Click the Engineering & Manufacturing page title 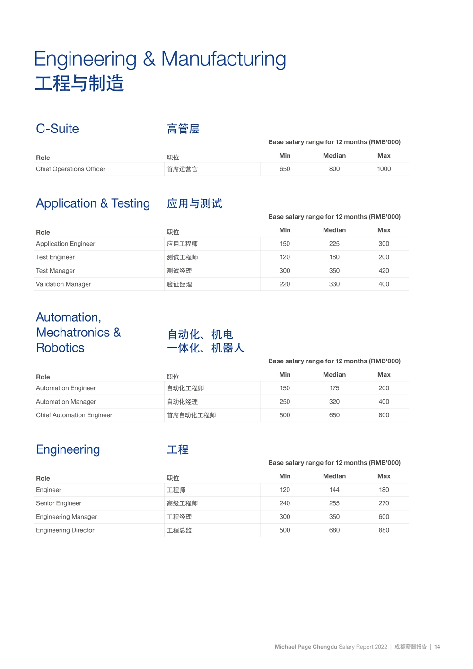click(160, 59)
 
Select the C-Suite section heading click(57, 129)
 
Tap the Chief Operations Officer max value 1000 click(384, 169)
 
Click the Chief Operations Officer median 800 click(334, 169)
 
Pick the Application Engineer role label click(65, 244)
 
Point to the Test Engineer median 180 click(334, 257)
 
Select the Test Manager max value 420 click(384, 271)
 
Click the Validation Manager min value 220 click(285, 284)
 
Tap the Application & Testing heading click(93, 203)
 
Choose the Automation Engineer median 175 click(334, 388)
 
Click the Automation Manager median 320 click(334, 402)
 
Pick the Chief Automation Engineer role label click(74, 415)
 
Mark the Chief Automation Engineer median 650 click(334, 415)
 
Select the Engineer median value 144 click(334, 490)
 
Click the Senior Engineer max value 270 click(384, 503)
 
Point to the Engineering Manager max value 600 click(384, 517)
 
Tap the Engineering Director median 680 click(334, 530)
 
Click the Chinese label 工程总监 click(179, 530)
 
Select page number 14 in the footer click(437, 647)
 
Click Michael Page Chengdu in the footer click(306, 647)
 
